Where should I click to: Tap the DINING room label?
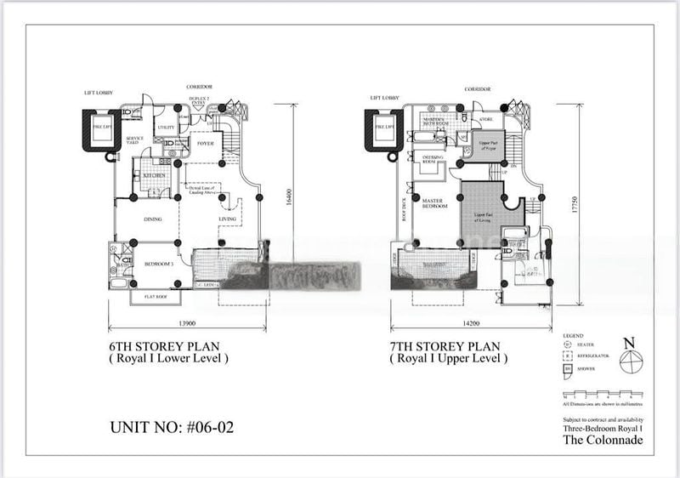point(153,219)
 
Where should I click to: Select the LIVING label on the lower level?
point(227,219)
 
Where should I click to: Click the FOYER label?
point(205,144)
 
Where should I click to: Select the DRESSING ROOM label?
point(422,159)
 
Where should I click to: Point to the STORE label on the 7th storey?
point(485,120)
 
